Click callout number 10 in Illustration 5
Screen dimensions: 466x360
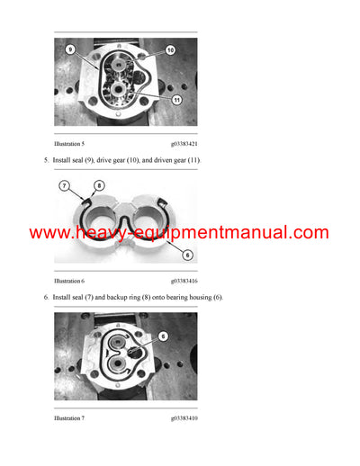pos(170,50)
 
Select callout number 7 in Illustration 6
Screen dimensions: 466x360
pos(65,185)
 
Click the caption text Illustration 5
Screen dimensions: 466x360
pos(70,142)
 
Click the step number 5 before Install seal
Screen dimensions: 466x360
pos(47,160)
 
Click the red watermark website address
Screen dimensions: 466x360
pos(179,233)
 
